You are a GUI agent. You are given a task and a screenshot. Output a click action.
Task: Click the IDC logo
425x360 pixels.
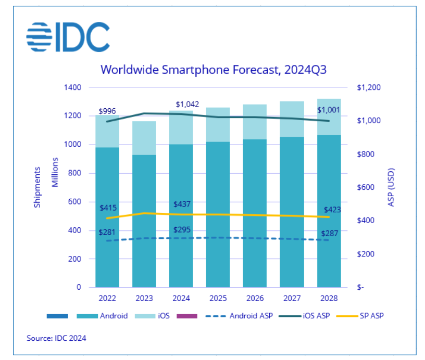point(68,36)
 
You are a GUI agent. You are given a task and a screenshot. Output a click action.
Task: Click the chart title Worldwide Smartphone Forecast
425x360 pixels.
point(213,70)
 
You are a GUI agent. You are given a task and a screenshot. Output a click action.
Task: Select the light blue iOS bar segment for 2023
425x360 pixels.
point(144,138)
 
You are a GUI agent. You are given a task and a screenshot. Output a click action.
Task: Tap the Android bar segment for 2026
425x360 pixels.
point(255,213)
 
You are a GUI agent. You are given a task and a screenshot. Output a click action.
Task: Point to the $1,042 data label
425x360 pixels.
point(187,105)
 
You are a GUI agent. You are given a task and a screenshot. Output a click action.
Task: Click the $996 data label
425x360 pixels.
point(107,111)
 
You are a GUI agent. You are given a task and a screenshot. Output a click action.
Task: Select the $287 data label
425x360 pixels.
point(329,234)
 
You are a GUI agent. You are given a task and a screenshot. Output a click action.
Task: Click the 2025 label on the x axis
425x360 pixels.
point(218,299)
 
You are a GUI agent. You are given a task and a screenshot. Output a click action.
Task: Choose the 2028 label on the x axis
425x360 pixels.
point(329,299)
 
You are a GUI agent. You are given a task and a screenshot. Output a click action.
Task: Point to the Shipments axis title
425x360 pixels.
point(37,187)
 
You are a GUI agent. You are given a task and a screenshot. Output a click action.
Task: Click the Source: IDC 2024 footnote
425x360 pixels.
point(56,338)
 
